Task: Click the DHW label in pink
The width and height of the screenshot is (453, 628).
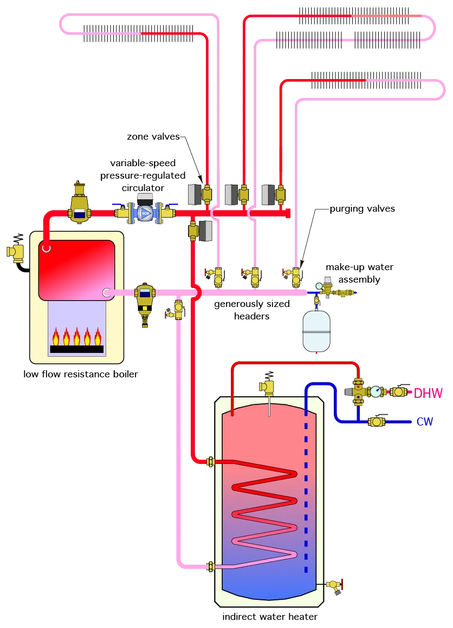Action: click(428, 394)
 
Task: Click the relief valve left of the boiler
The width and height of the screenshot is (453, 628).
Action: click(16, 252)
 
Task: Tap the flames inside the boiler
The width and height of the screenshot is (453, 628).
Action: click(76, 337)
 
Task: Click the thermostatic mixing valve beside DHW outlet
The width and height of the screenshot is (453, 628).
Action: click(358, 391)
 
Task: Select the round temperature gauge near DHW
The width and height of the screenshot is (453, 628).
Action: click(376, 391)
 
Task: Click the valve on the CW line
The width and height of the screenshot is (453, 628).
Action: click(377, 422)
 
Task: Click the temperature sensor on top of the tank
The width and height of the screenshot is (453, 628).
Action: click(267, 388)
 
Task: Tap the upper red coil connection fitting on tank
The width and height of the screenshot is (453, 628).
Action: click(211, 462)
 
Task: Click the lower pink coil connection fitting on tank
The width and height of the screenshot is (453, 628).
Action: click(211, 567)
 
